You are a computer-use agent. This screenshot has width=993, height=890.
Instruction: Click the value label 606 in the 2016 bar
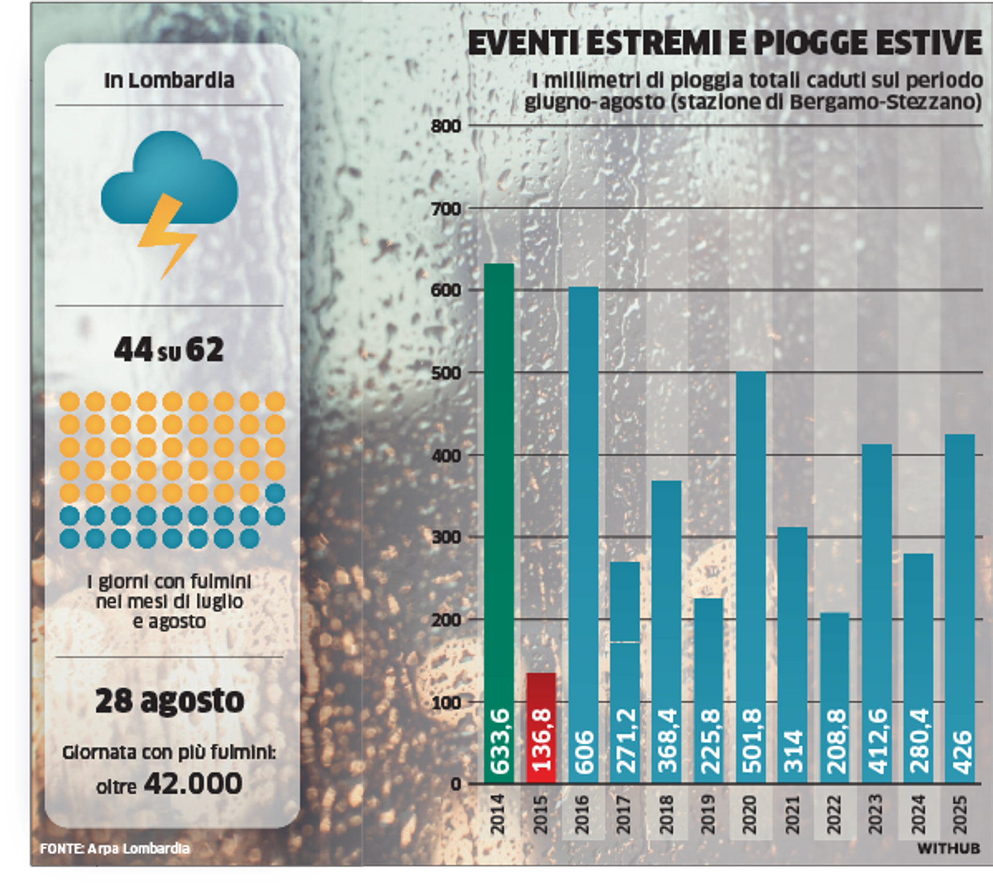[583, 752]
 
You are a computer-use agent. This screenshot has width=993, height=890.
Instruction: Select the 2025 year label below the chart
[960, 814]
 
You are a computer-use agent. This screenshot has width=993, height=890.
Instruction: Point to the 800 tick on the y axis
[446, 126]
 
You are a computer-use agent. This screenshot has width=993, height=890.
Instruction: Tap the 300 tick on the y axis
[446, 537]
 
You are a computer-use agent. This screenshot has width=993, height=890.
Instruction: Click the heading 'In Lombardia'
[169, 81]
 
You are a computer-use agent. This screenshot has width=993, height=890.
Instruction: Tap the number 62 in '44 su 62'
[205, 350]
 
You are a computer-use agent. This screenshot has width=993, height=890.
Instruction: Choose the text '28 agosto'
[170, 701]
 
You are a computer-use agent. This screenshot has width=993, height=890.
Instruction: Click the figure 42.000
[193, 783]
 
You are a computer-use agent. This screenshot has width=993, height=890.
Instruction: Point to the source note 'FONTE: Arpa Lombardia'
[115, 849]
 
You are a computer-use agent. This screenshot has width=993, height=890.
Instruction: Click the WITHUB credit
[949, 849]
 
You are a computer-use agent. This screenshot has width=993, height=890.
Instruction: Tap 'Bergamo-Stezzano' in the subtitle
[884, 102]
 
